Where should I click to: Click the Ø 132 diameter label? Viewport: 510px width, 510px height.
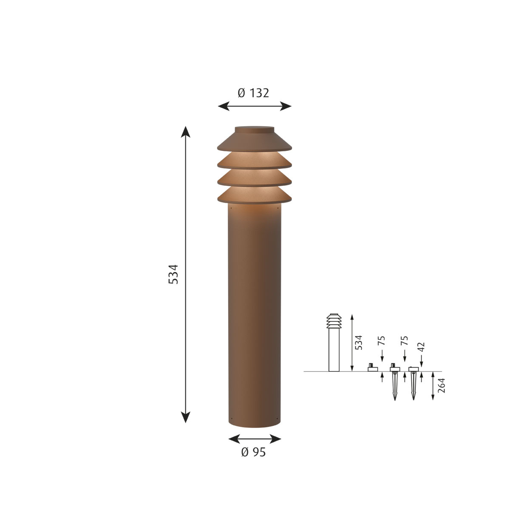253,93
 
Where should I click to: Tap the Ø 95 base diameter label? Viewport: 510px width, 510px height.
253,453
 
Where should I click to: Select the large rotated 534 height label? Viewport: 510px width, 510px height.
173,274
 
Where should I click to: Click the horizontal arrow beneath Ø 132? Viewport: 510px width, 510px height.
255,106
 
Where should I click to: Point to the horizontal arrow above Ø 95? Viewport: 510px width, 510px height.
255,439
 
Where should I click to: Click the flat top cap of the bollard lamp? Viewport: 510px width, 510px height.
255,127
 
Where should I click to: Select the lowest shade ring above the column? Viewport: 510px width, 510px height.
255,195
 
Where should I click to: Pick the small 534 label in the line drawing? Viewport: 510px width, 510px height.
359,342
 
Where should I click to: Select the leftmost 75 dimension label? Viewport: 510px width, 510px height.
382,340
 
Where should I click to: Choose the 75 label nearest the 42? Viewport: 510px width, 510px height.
405,340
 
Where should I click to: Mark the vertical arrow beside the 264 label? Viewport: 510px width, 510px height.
433,386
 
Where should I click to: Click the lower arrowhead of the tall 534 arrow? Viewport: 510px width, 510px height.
185,417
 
